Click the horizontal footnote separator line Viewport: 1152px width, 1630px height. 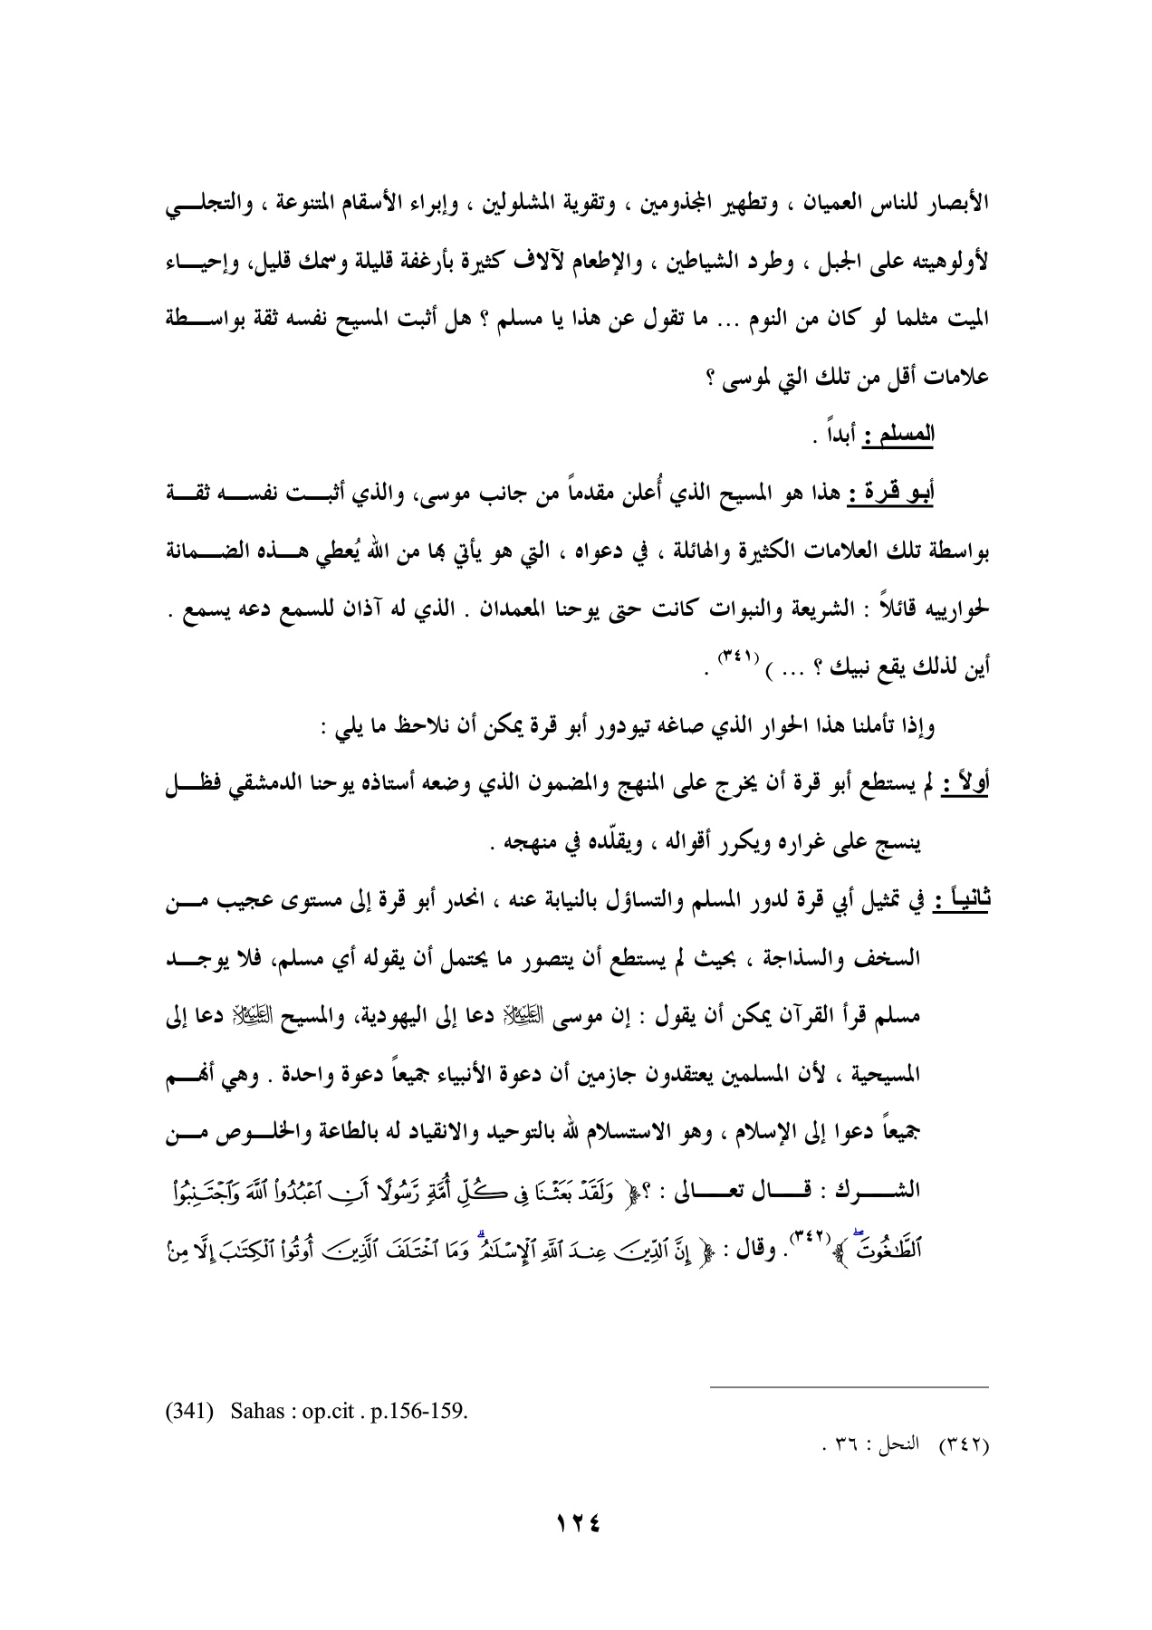(x=850, y=1386)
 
